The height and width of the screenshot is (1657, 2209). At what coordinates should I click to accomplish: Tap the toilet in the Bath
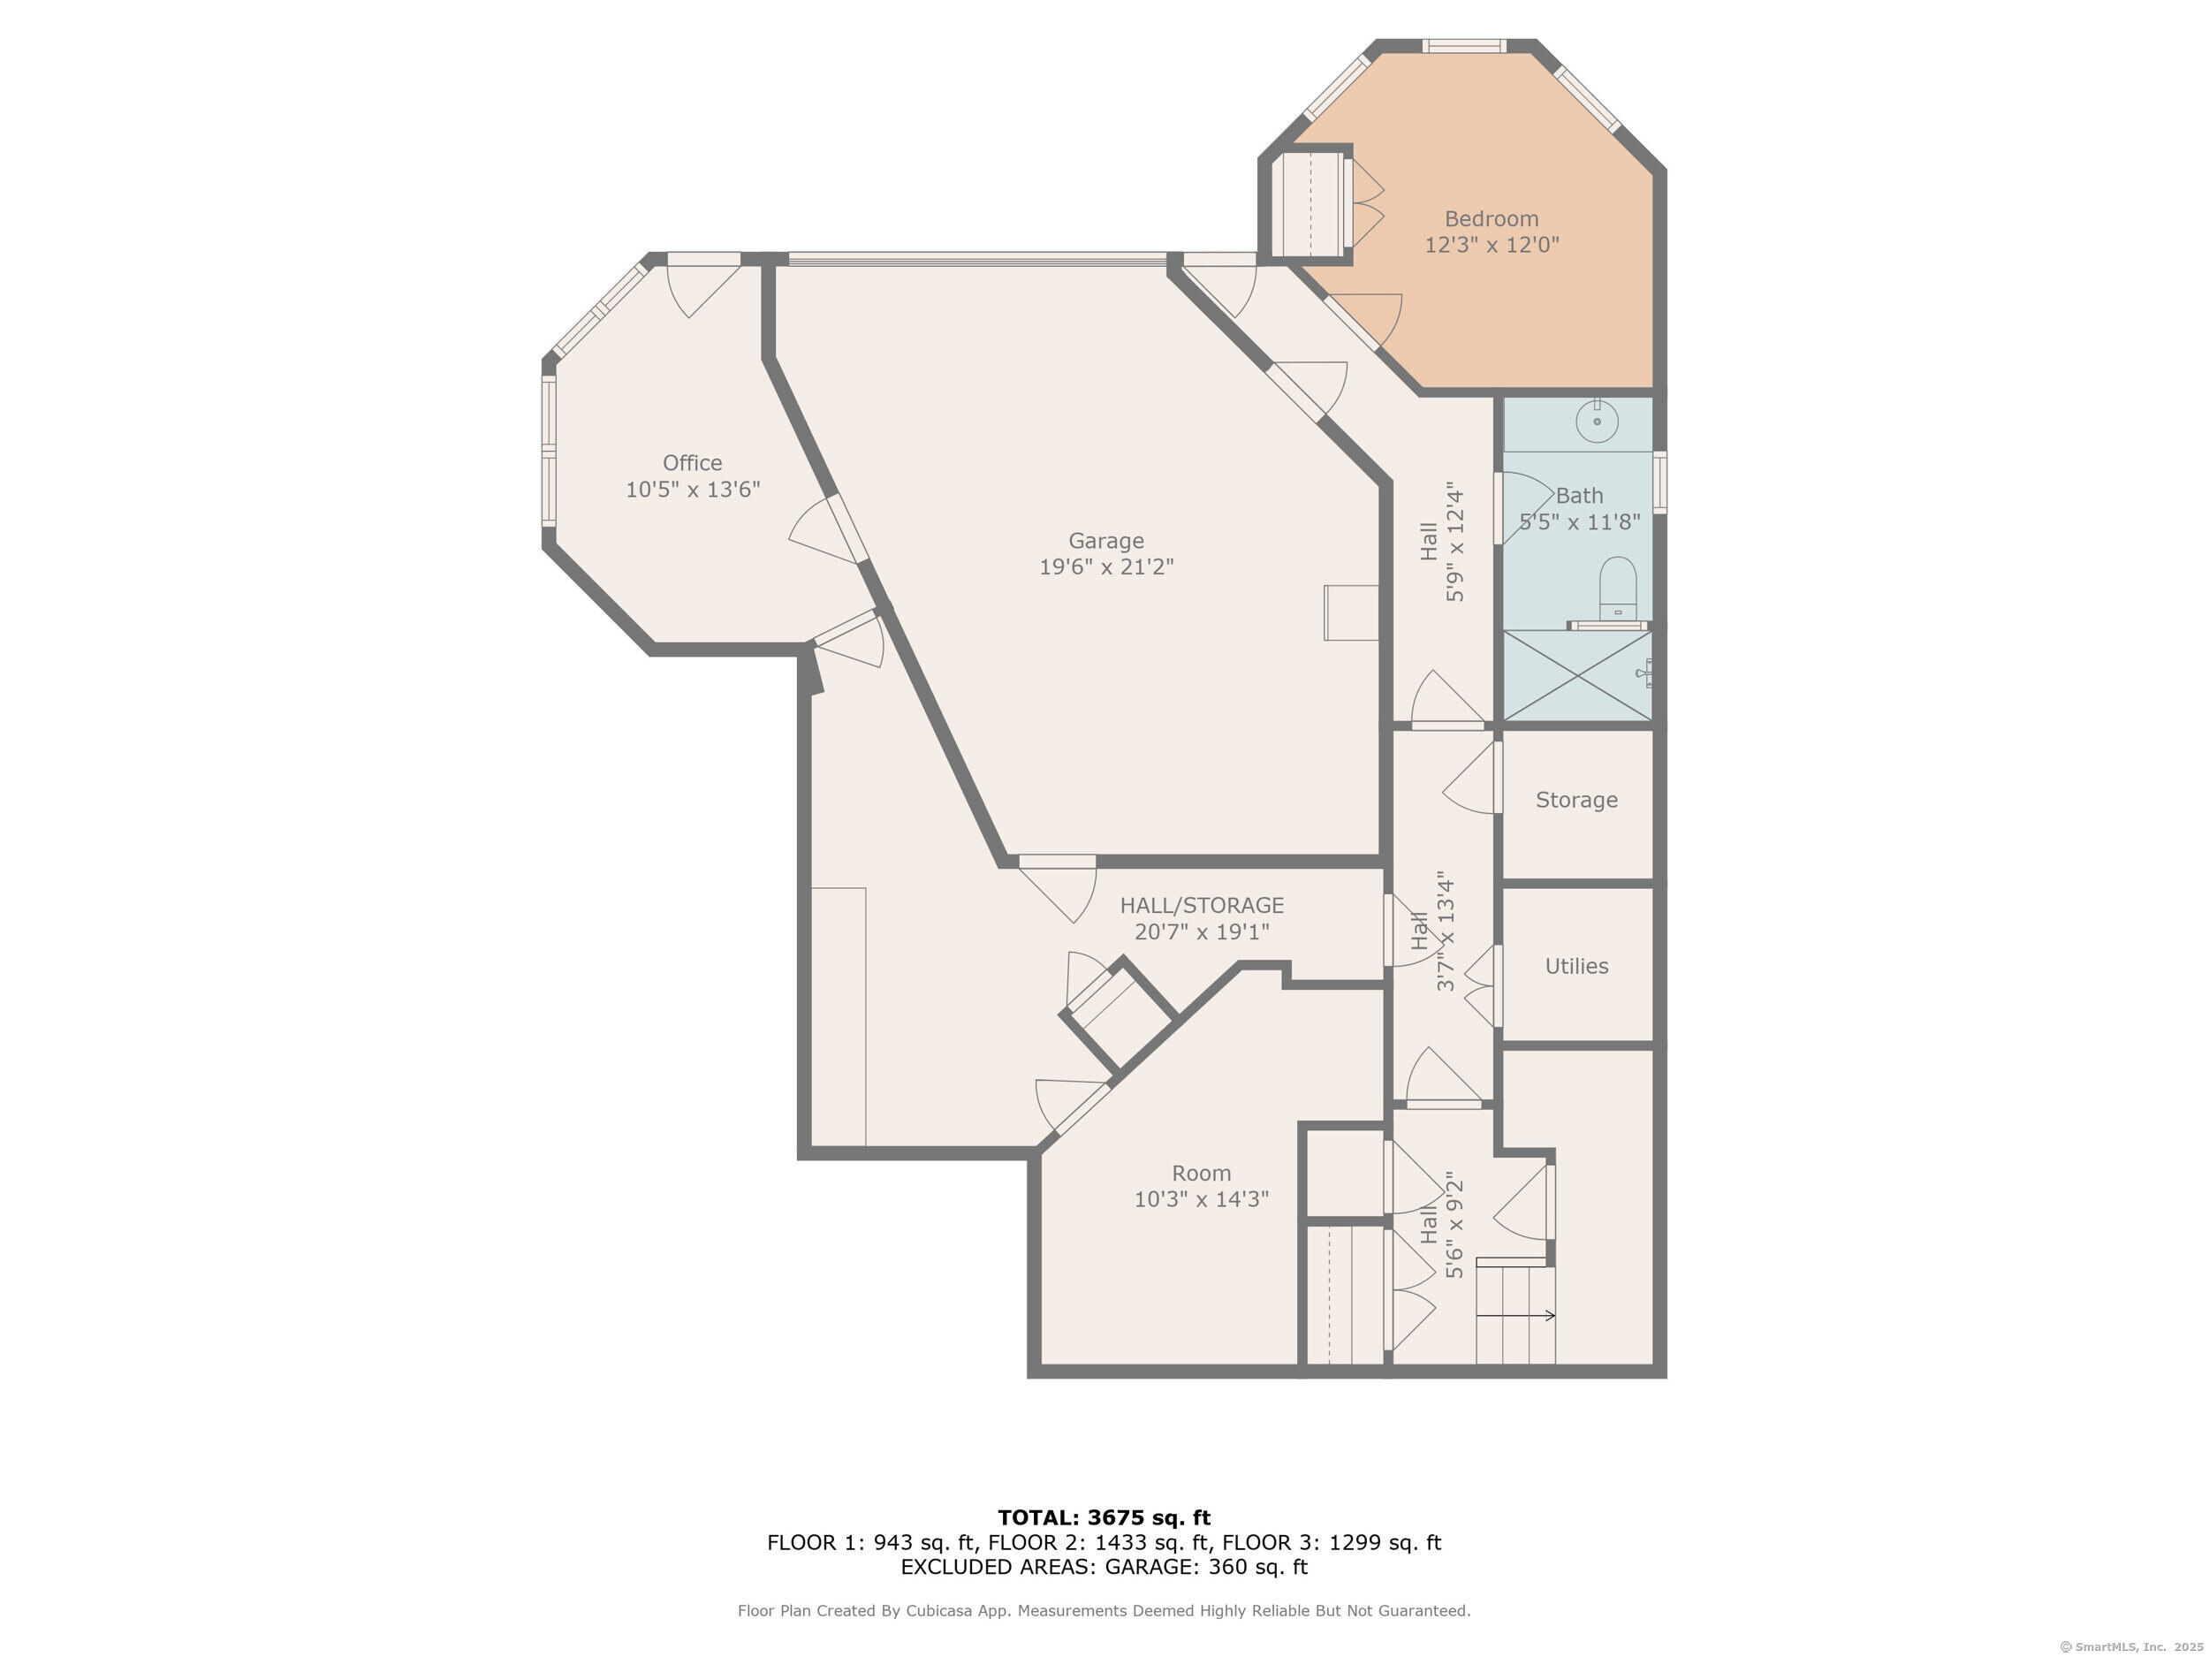[x=1618, y=589]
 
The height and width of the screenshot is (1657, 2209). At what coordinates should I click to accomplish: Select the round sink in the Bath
[x=1598, y=421]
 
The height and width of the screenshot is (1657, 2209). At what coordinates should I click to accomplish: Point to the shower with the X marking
[x=1578, y=675]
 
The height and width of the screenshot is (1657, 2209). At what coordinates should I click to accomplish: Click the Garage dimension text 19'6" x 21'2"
[x=1106, y=566]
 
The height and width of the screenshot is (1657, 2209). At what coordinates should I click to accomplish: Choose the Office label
[x=692, y=462]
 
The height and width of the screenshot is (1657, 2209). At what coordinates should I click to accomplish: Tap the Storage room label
[x=1577, y=800]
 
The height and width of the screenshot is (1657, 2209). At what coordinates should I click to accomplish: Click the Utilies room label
[x=1577, y=966]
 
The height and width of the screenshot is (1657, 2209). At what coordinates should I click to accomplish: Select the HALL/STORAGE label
[x=1202, y=905]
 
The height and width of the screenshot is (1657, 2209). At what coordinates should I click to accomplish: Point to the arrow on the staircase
[x=1516, y=1315]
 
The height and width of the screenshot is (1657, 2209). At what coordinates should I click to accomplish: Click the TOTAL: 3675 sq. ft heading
[x=1104, y=1518]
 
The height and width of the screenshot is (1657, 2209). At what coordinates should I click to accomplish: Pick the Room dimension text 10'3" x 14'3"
[x=1202, y=1198]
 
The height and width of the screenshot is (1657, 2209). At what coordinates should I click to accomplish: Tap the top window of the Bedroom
[x=1464, y=46]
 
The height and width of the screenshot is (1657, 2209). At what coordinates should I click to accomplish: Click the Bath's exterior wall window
[x=1659, y=483]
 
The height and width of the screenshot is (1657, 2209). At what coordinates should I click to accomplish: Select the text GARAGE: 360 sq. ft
[x=1206, y=1566]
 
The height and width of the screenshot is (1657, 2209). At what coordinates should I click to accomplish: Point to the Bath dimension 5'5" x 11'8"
[x=1580, y=521]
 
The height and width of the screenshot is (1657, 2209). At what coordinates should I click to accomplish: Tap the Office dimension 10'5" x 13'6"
[x=693, y=490]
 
